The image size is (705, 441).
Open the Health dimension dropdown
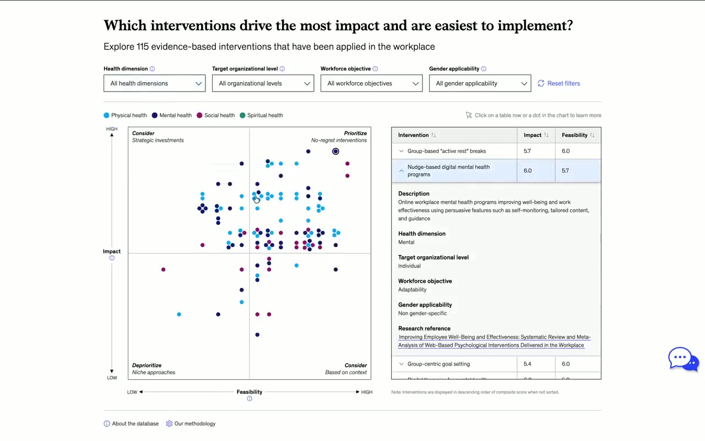pos(154,83)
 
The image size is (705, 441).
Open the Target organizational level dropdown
pos(263,83)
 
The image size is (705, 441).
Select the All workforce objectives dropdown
pos(371,83)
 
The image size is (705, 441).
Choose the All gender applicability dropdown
pos(480,83)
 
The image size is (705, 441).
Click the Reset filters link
pos(559,83)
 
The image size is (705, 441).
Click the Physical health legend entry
pos(126,115)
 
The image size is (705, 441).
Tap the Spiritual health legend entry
pos(261,115)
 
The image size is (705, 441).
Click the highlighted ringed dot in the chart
pos(335,151)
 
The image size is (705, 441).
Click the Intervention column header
pos(414,135)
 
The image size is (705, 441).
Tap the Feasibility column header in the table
pos(574,135)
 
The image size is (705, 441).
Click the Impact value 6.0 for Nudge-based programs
pos(528,170)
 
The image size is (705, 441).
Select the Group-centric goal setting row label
pos(438,364)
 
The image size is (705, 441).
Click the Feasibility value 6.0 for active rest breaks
pos(566,151)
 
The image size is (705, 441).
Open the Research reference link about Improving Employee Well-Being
pos(494,341)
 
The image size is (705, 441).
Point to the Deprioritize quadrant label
pos(147,365)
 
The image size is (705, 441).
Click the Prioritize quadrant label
pos(355,133)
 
